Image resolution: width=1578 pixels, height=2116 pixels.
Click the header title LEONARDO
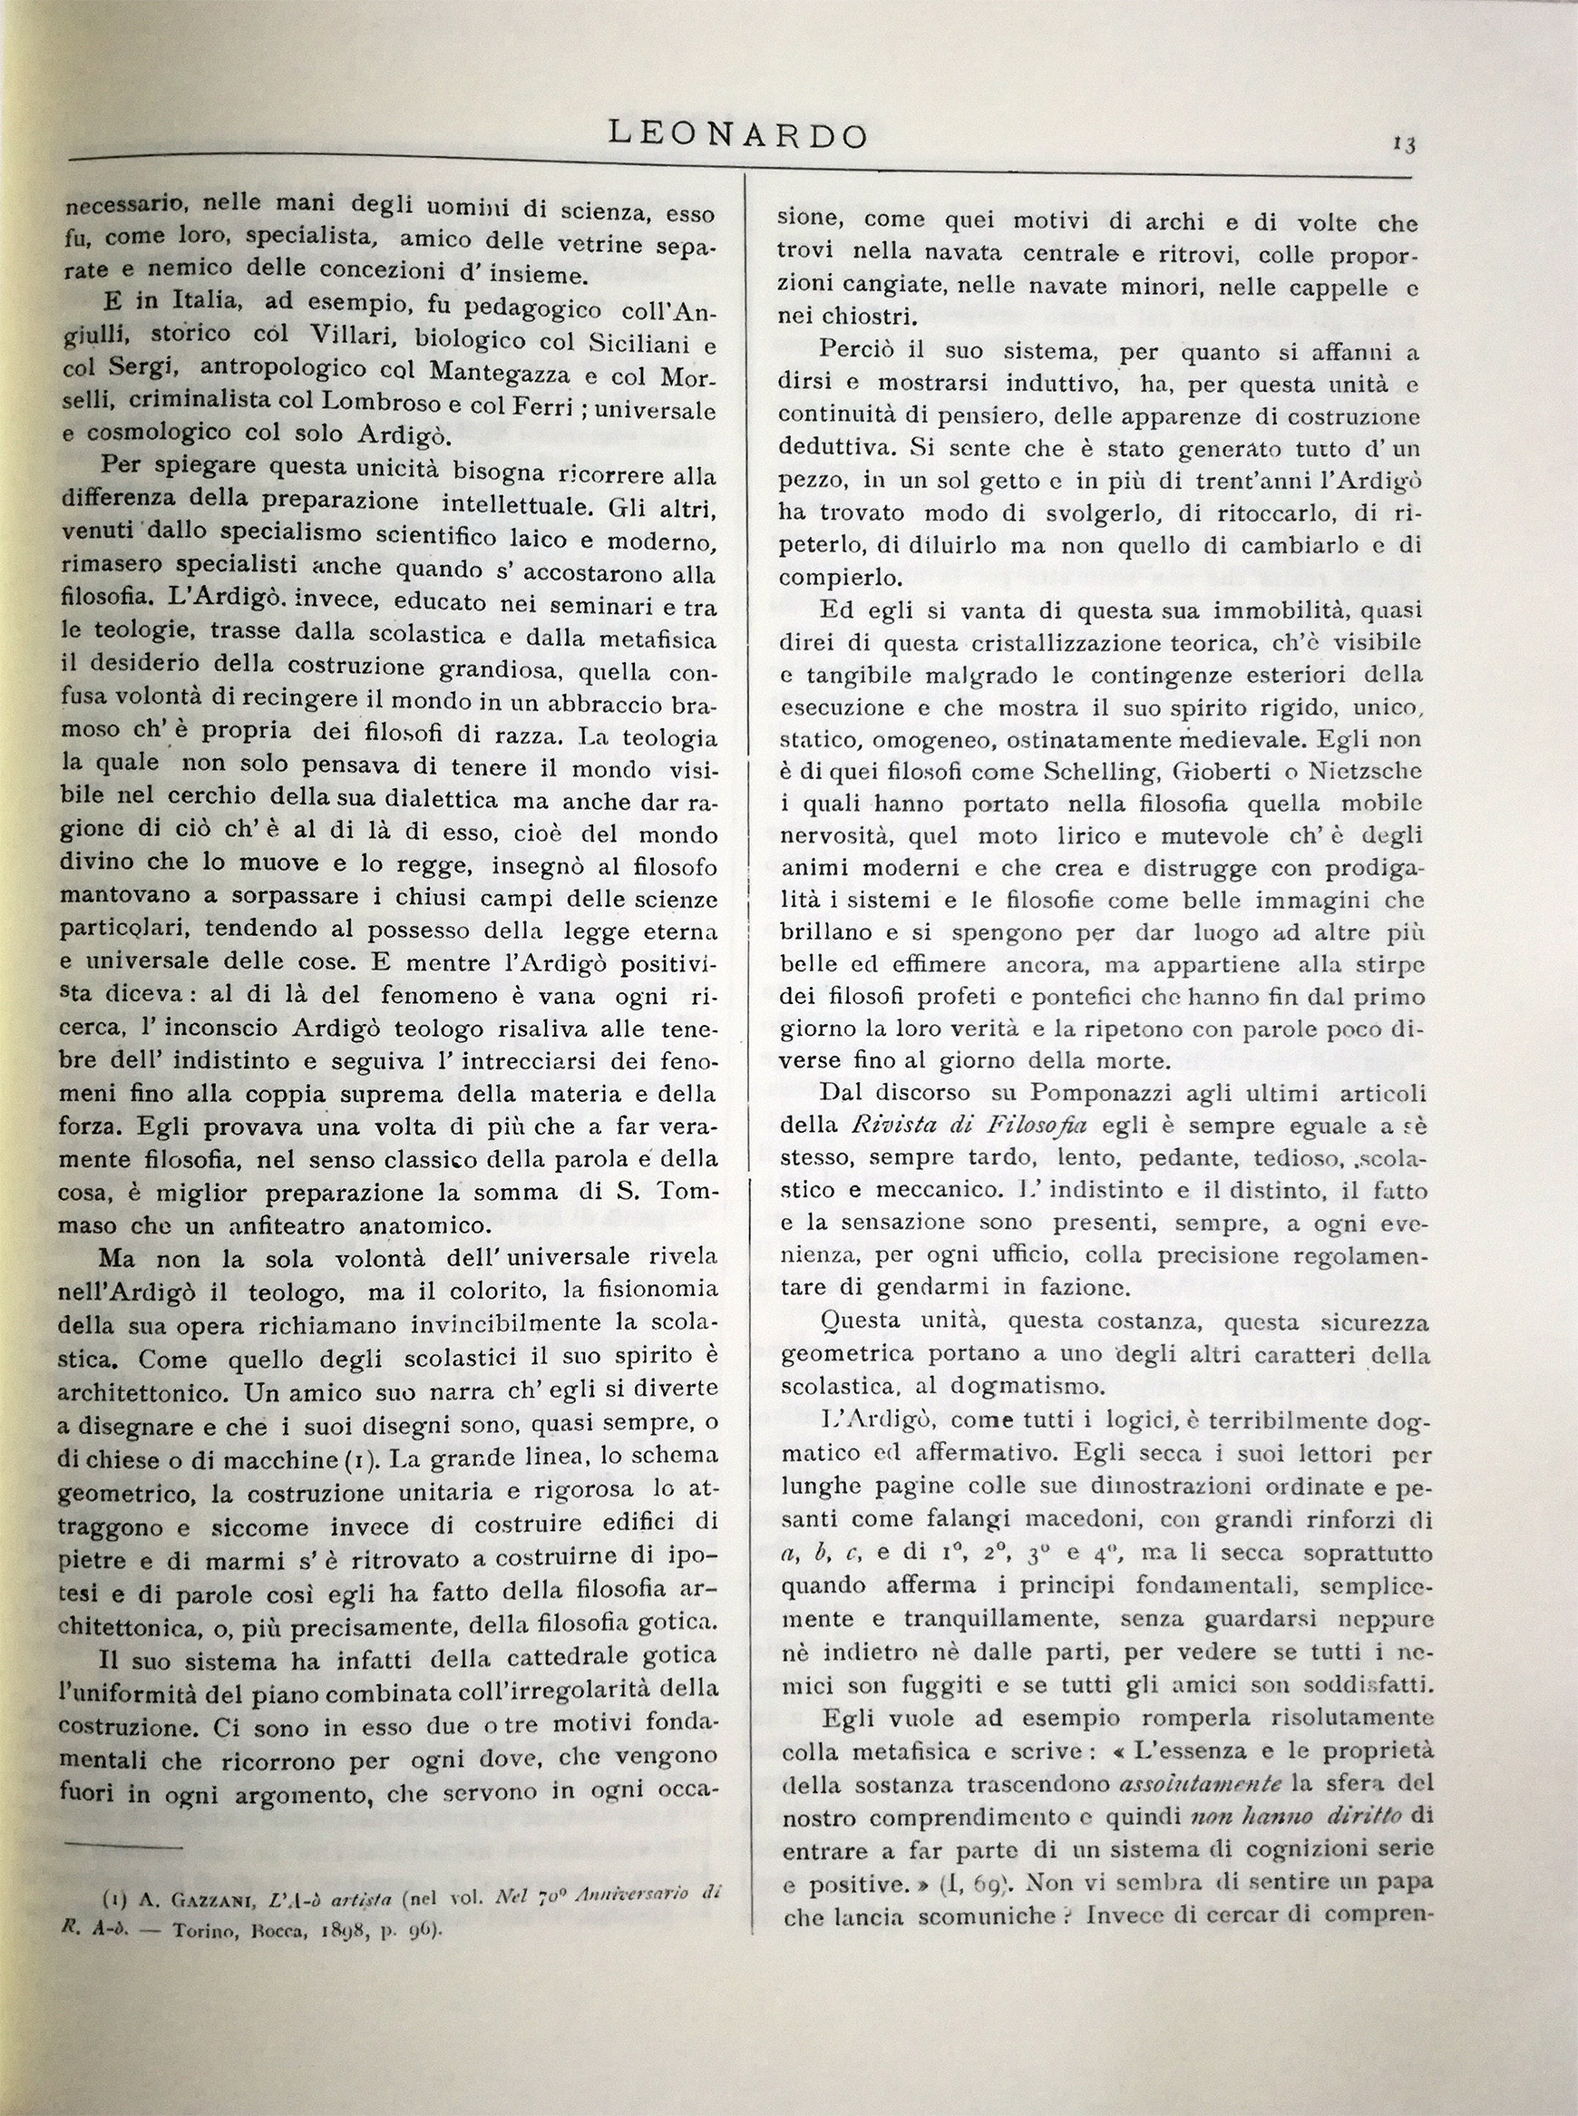[738, 135]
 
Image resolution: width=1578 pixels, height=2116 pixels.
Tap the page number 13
[1403, 145]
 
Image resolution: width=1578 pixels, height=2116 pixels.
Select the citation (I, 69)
[965, 1885]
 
